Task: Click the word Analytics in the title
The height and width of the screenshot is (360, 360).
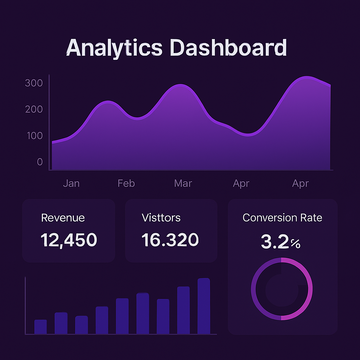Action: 114,48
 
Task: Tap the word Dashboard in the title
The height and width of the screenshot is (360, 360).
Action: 228,48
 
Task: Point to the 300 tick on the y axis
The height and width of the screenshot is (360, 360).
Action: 34,83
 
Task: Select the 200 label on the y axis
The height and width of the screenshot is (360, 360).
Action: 34,109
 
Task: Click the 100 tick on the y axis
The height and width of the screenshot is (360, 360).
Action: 34,136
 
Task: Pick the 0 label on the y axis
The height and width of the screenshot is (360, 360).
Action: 40,162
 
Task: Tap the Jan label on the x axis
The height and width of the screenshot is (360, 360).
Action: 71,184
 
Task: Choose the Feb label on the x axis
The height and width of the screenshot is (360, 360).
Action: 126,184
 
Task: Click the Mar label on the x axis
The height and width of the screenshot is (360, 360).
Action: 183,184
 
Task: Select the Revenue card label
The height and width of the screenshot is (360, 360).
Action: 63,218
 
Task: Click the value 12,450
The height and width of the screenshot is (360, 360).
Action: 69,240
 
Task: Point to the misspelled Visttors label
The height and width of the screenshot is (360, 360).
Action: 161,218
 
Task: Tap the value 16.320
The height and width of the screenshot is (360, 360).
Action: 170,240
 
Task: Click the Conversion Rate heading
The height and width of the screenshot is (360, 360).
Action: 282,218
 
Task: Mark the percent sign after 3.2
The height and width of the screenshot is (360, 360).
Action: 296,244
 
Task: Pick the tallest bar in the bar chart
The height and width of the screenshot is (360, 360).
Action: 204,306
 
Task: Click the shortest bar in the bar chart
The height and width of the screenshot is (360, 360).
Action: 40,327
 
